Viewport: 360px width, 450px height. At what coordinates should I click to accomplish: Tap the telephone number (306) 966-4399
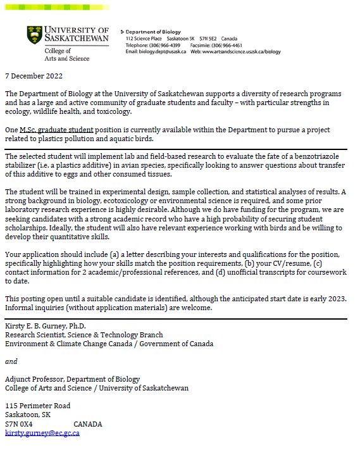click(x=166, y=45)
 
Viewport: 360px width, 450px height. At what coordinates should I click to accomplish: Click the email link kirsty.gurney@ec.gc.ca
click(x=42, y=433)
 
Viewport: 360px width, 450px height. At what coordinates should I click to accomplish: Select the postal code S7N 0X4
click(x=19, y=424)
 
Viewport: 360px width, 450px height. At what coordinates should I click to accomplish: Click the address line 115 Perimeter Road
click(x=38, y=406)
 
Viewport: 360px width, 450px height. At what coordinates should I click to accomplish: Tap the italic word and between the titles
click(x=11, y=361)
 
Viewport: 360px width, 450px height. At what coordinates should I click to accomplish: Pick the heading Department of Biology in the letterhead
click(x=153, y=32)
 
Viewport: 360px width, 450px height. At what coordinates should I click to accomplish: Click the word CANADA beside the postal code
click(x=88, y=424)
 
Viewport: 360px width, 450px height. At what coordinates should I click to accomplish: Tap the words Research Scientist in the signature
click(x=34, y=335)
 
